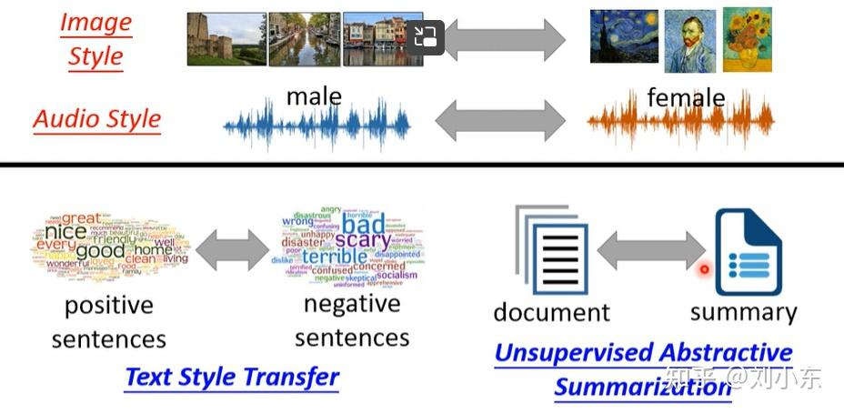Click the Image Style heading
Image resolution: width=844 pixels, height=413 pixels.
pos(95,39)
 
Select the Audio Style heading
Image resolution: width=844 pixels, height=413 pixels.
pos(97,119)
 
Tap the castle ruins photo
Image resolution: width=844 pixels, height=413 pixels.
pos(226,38)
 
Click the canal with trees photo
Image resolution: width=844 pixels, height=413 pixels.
pos(305,39)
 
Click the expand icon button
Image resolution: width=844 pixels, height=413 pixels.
pos(425,37)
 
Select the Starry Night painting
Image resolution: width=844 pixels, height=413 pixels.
pos(623,36)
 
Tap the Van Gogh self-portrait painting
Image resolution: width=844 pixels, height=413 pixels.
pos(689,42)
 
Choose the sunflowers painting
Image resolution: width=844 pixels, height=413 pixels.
pos(747,38)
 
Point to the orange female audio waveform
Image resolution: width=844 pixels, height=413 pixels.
pos(680,123)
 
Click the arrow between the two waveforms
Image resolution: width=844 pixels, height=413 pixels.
pos(499,120)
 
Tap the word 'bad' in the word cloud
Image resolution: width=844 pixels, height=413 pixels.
pos(363,224)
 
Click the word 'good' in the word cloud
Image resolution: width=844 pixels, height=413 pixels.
pos(100,251)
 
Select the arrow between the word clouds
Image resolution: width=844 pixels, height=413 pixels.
pos(231,247)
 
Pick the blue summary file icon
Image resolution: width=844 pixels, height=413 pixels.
pos(748,252)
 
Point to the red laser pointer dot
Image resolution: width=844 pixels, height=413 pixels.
pos(704,269)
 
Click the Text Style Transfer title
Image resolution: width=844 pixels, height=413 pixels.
pos(231,377)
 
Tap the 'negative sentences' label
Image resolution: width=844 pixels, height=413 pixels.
pos(352,321)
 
